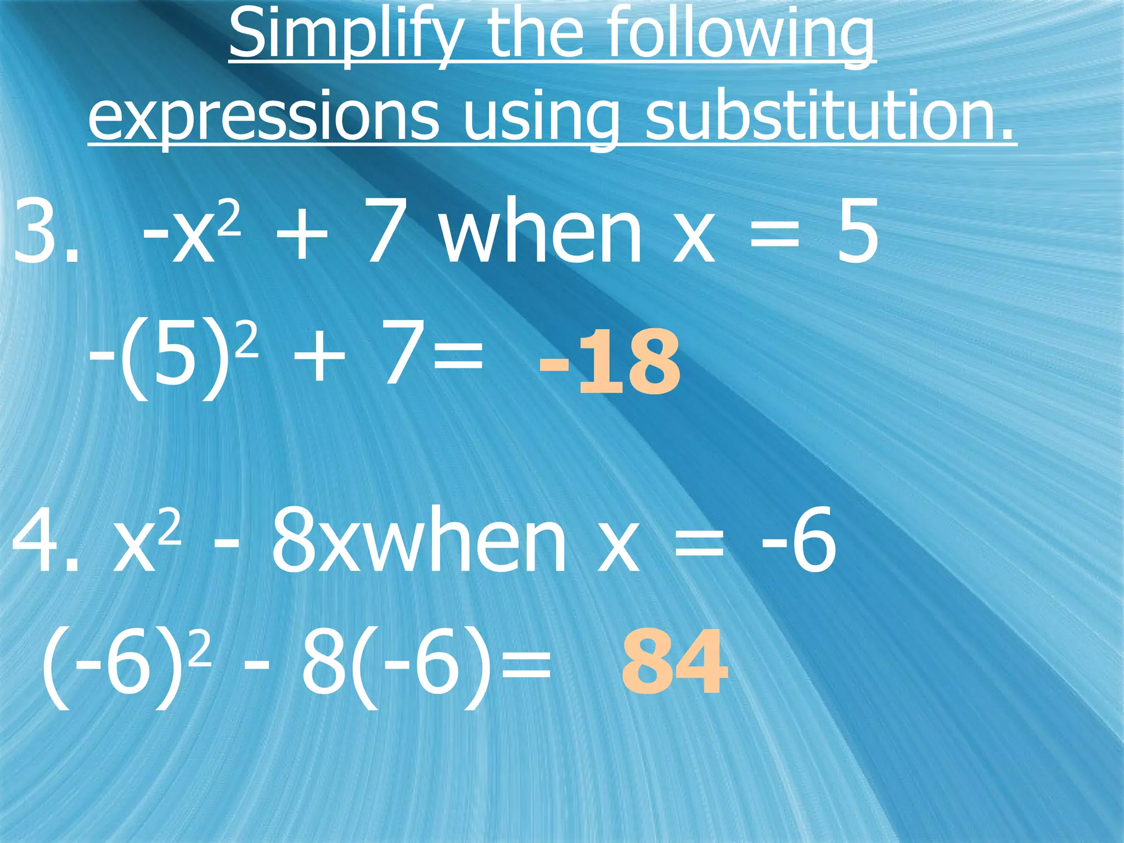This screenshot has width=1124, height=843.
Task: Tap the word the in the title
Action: (x=535, y=36)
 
